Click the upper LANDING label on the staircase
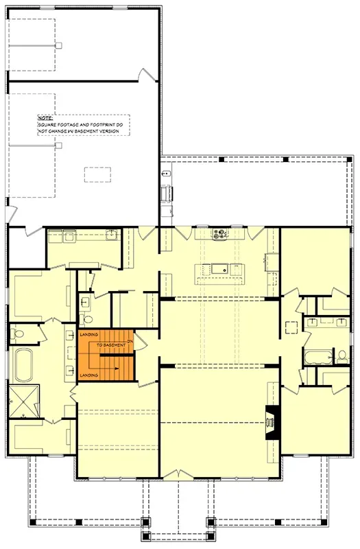(88, 334)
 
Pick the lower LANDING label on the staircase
(88, 375)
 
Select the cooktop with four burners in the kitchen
(221, 234)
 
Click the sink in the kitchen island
(219, 268)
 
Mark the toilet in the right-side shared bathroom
(341, 356)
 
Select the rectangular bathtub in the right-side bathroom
(317, 358)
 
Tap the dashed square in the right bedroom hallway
(291, 326)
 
